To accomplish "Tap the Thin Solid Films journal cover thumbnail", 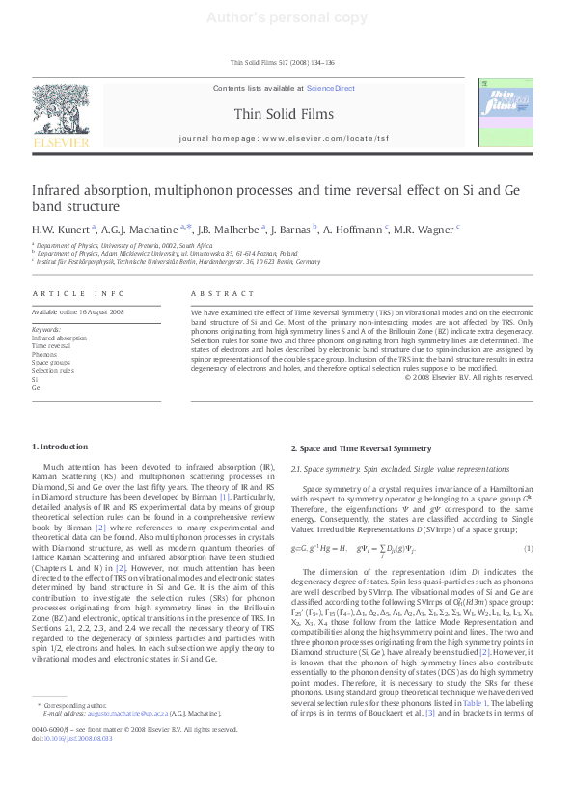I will (x=506, y=114).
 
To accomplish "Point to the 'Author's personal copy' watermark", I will (x=287, y=17).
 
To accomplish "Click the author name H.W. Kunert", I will (x=62, y=229).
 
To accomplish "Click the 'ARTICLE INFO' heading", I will (x=78, y=293).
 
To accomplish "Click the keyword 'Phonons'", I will (x=44, y=354).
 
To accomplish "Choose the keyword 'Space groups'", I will (x=49, y=362).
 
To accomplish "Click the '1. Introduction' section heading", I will (x=60, y=447).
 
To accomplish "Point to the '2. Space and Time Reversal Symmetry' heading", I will (x=361, y=449).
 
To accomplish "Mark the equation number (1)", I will (x=528, y=549).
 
